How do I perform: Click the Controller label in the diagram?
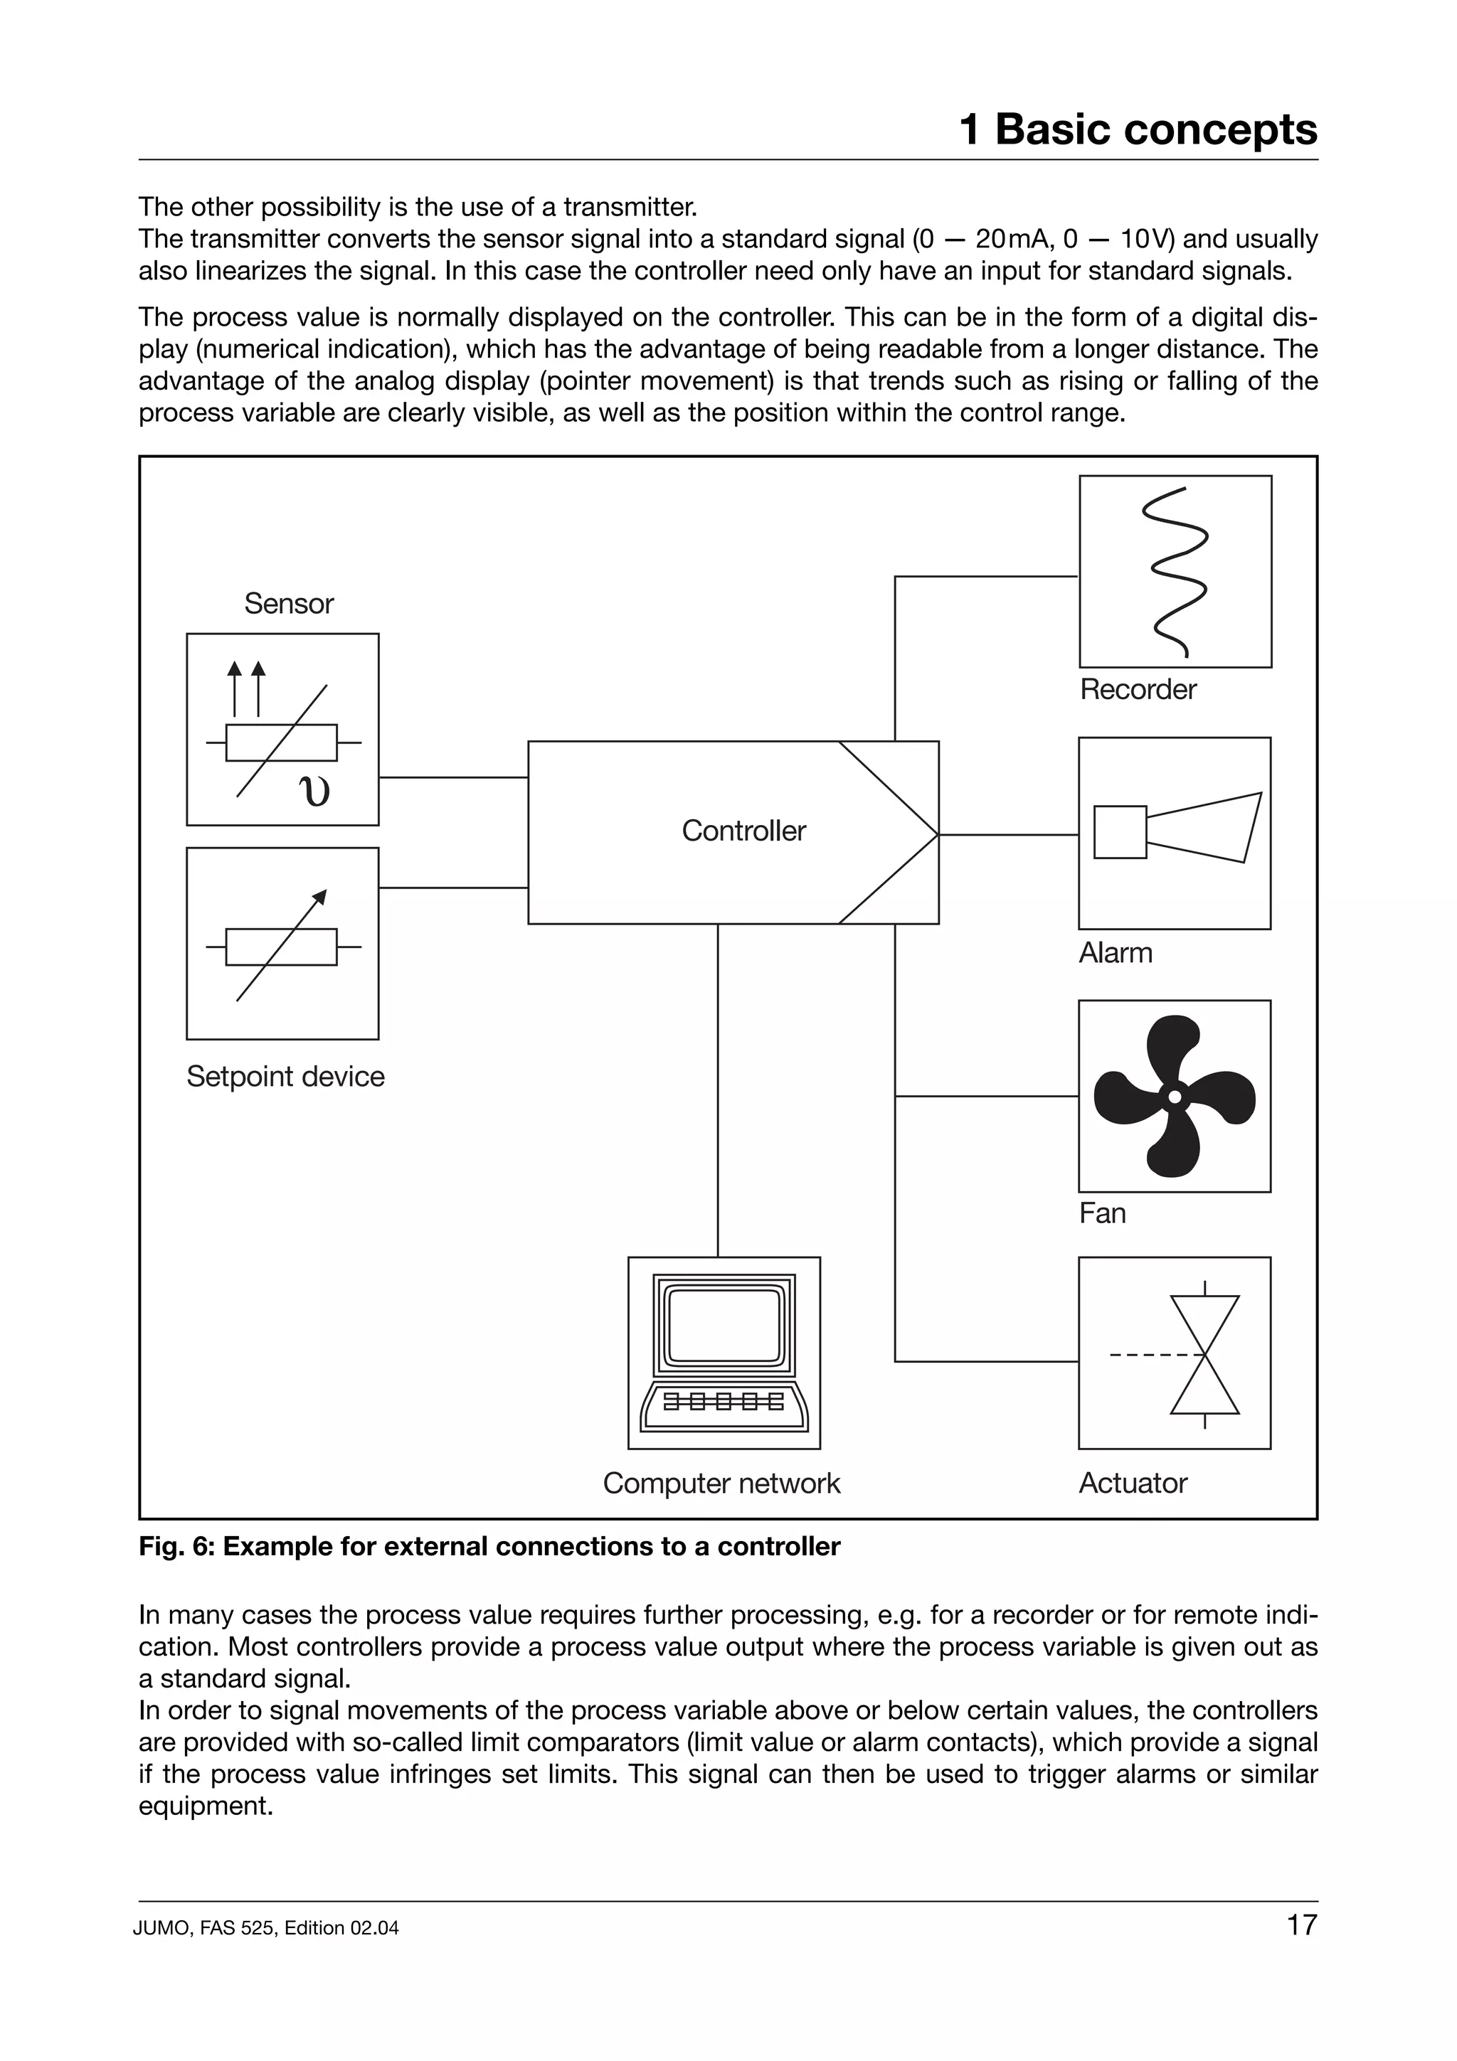tap(743, 831)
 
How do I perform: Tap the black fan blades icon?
tap(1175, 1096)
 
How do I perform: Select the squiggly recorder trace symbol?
tap(1175, 572)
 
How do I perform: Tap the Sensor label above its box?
tap(288, 604)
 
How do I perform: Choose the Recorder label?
tap(1138, 689)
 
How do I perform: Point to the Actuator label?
tap(1132, 1483)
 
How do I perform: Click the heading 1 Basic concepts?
tap(1138, 129)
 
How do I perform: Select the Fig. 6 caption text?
tap(489, 1547)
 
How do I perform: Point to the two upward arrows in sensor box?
tap(246, 688)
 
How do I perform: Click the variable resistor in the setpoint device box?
tap(282, 946)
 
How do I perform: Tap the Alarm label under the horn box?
tap(1115, 952)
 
